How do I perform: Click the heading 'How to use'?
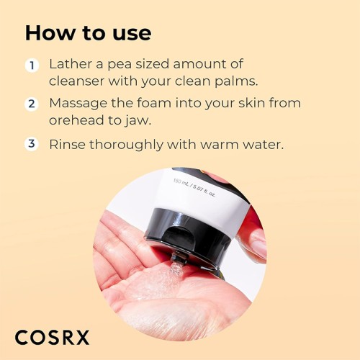tap(88, 32)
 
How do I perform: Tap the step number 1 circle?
tap(32, 66)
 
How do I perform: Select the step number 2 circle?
tap(32, 104)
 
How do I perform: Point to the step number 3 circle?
tap(32, 143)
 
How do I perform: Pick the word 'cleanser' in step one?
tap(79, 81)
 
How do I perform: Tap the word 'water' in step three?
tap(262, 144)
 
